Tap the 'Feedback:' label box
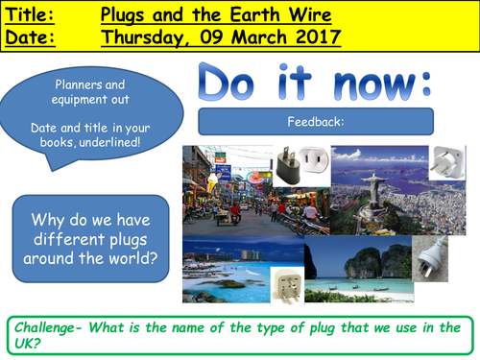tap(316, 122)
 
